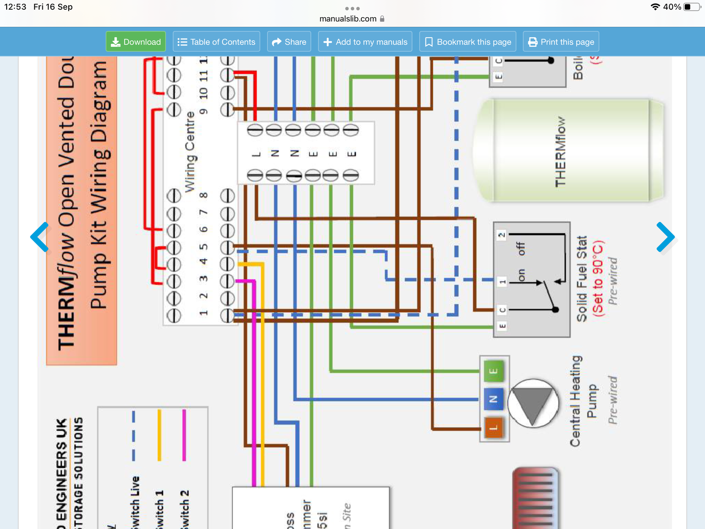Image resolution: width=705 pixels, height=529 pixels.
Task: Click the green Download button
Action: [136, 42]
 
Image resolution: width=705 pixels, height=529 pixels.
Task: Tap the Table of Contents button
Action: [216, 42]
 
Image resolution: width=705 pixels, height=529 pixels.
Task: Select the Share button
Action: [289, 42]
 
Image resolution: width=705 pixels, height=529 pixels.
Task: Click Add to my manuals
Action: [365, 42]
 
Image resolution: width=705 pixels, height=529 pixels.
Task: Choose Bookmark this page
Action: [468, 42]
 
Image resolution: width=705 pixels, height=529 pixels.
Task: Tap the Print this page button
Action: [561, 42]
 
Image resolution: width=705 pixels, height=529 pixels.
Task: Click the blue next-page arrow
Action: [665, 237]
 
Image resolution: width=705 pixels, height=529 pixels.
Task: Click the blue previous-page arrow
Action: [40, 237]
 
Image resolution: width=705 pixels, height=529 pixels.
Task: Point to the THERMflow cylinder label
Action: [560, 152]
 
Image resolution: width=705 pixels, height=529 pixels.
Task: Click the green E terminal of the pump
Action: [494, 371]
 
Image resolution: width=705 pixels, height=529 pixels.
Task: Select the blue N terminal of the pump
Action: [494, 399]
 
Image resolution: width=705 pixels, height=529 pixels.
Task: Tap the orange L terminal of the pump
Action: [494, 428]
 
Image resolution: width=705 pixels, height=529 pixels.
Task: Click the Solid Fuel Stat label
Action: [582, 279]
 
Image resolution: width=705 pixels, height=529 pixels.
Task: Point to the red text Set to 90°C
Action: [598, 278]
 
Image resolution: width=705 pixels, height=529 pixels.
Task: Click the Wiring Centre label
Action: [190, 152]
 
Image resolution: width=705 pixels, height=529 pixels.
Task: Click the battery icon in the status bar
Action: [692, 7]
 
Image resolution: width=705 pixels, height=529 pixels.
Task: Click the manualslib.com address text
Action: [348, 19]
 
